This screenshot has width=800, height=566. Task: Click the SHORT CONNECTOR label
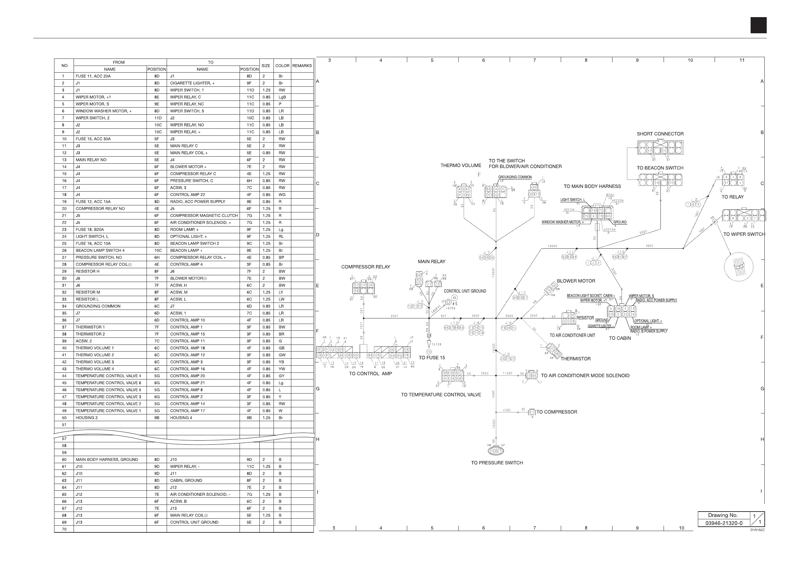click(660, 134)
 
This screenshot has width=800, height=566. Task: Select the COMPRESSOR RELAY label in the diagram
click(366, 267)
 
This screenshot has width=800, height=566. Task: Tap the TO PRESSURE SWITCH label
click(497, 463)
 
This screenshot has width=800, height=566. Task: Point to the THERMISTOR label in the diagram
click(575, 359)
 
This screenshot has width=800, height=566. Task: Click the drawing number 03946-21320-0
click(724, 523)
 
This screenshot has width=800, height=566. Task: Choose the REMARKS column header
click(302, 66)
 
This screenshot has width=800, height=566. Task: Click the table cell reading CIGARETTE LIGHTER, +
click(192, 83)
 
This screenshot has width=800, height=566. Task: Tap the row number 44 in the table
click(64, 376)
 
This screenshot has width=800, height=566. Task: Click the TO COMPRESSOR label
click(556, 412)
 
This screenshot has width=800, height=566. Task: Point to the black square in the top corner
click(758, 26)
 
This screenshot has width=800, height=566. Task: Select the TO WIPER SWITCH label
click(744, 234)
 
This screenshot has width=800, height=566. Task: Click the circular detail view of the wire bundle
click(738, 267)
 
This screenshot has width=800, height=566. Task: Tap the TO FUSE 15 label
click(432, 358)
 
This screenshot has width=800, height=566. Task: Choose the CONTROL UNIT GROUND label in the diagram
click(465, 291)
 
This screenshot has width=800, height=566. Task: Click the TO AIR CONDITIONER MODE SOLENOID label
click(585, 376)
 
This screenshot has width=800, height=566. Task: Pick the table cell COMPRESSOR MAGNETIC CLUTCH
click(204, 216)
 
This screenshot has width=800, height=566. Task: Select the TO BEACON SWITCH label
click(660, 168)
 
